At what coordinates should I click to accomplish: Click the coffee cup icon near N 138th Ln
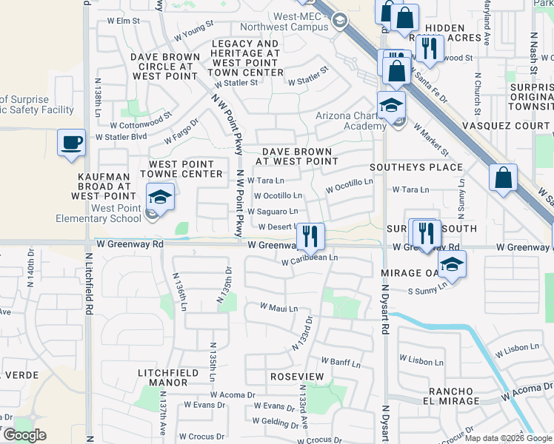[71, 142]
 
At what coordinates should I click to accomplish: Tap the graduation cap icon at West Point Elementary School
[159, 197]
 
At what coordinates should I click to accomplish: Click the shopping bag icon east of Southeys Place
[503, 178]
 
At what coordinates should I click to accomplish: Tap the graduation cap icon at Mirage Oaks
[451, 263]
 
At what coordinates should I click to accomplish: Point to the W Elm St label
[124, 21]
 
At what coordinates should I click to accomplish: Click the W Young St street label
[193, 33]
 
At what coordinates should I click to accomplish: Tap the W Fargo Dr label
[181, 131]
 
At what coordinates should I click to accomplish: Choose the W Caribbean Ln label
[310, 259]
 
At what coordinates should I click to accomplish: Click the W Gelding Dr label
[276, 421]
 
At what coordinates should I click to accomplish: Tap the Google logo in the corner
[24, 435]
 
